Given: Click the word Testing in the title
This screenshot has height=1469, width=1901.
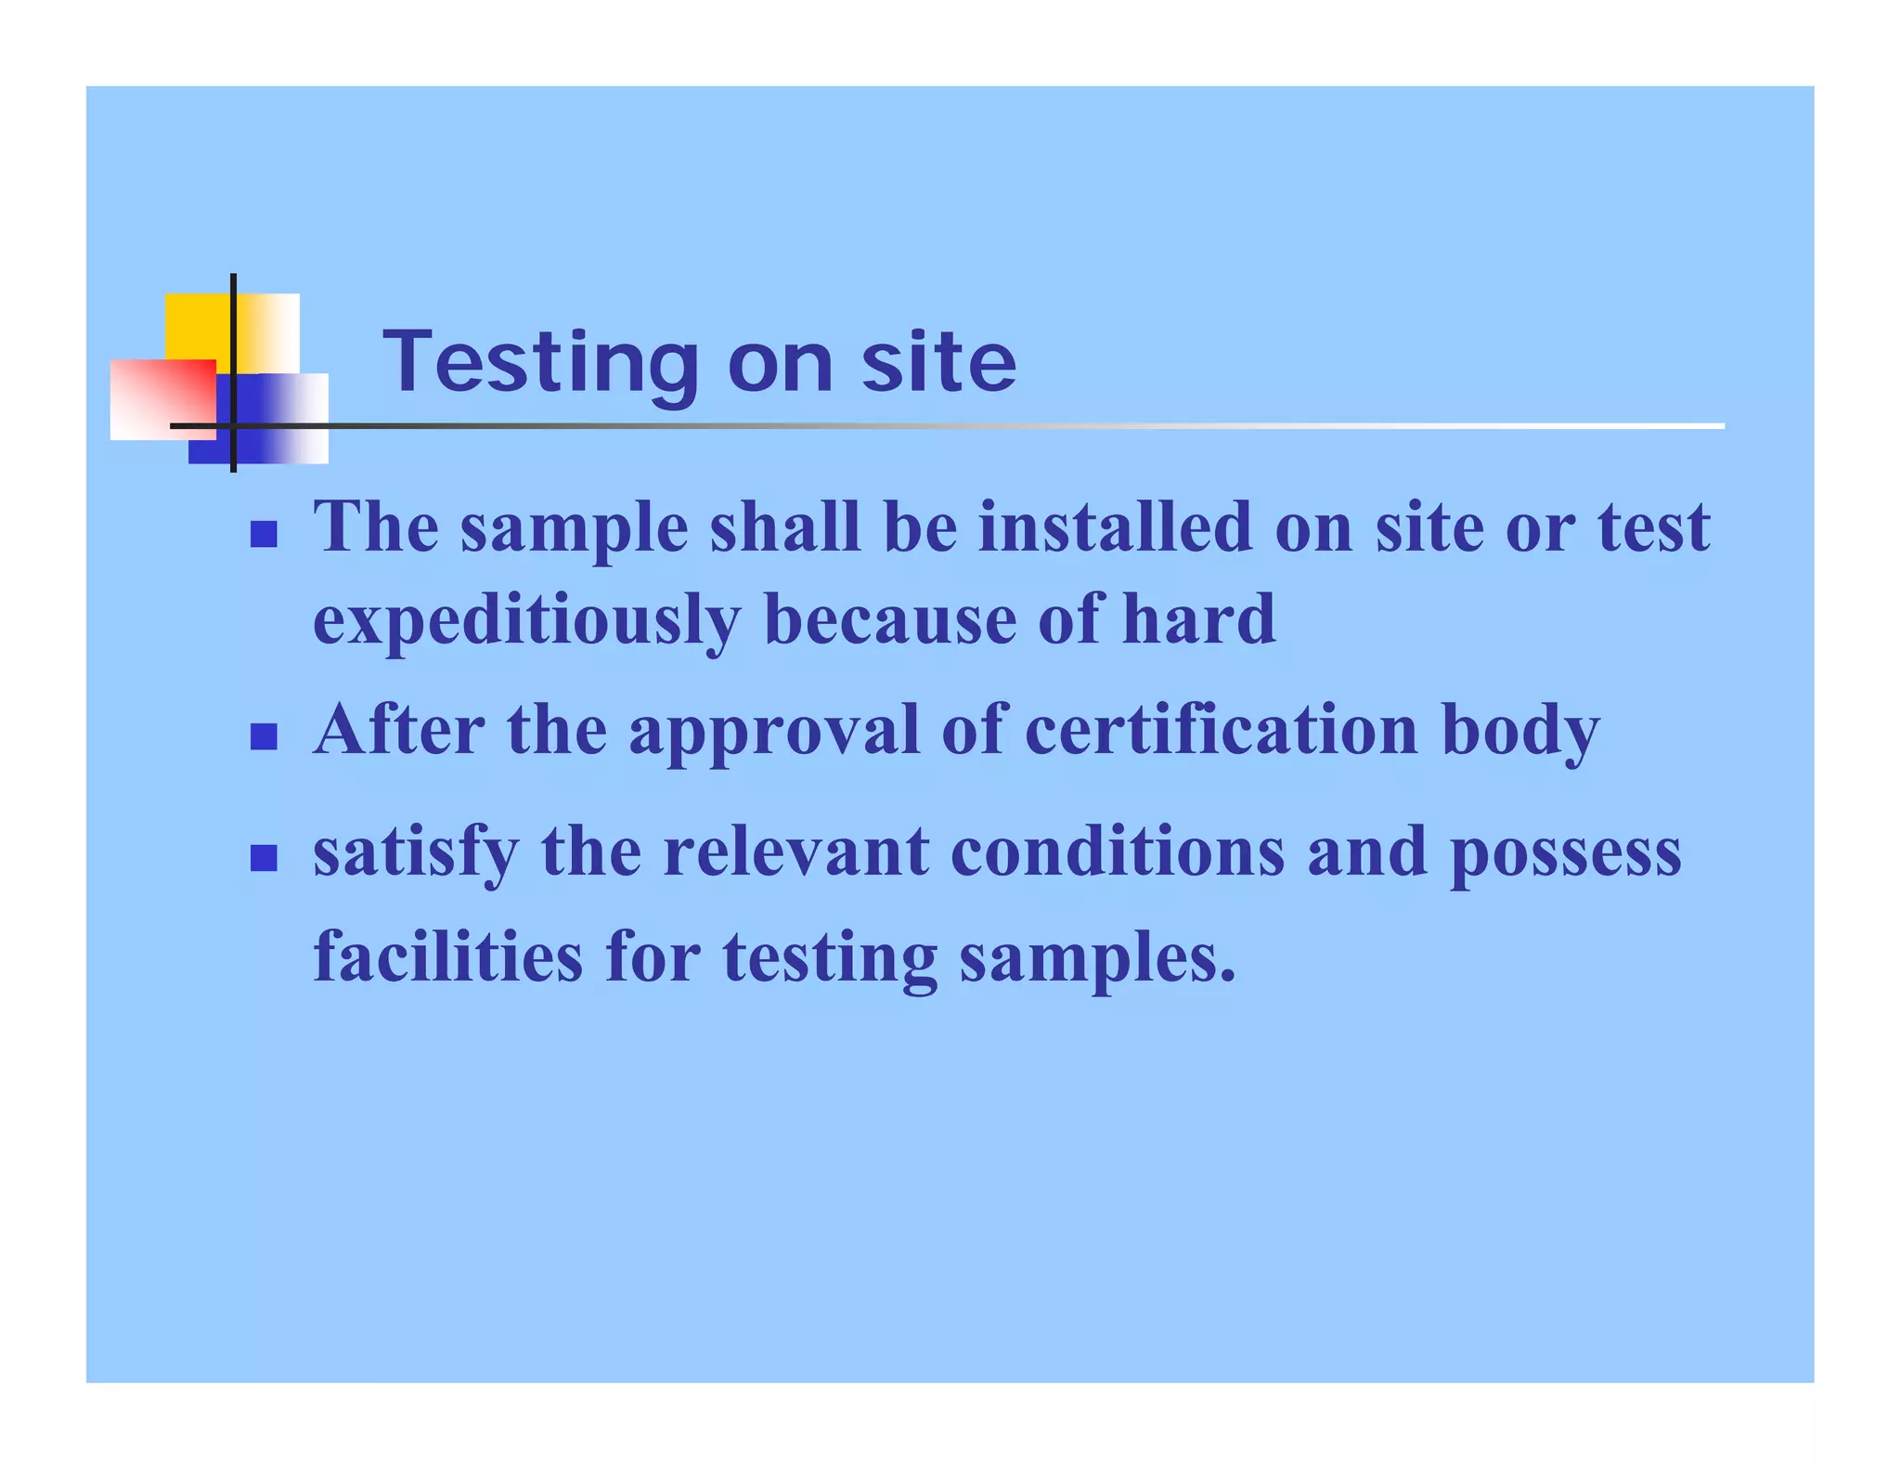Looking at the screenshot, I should [540, 363].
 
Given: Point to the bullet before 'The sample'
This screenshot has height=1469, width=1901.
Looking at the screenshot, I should [265, 534].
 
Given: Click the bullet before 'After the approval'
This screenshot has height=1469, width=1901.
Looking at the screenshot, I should [265, 736].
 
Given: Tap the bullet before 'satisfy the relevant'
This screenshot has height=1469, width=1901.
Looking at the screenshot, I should [265, 858].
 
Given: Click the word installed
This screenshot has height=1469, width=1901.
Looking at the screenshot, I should [1115, 527].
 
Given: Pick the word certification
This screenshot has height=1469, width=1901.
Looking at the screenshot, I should [1221, 730].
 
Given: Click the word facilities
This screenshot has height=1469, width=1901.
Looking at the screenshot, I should [448, 956].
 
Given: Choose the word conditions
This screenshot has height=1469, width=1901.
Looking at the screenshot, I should [1118, 851].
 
